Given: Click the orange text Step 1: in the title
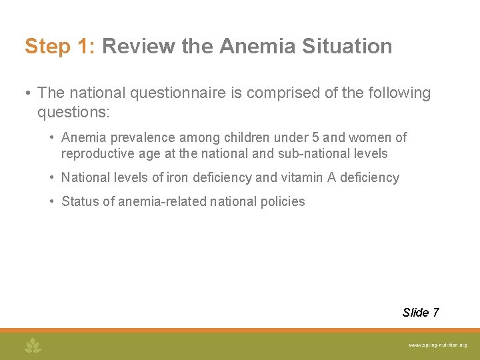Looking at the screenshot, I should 61,47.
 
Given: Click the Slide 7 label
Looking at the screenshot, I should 420,313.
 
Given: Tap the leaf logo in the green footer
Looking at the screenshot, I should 33,345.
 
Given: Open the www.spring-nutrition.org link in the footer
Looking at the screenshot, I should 437,345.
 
